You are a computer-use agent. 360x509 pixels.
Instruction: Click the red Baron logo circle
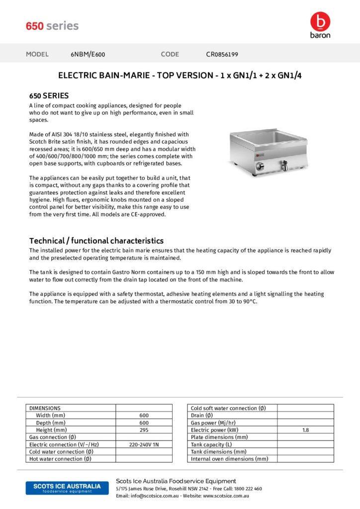pos(320,21)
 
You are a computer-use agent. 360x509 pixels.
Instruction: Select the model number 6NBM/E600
pos(88,54)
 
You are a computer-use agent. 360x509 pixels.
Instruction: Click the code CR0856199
pos(225,54)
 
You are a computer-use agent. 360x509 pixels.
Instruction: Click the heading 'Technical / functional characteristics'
pos(96,241)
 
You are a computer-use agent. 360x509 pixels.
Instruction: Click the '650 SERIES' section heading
pos(49,95)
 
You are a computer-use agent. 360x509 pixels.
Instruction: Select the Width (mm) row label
pos(50,416)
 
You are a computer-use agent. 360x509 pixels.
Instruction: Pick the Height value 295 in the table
pos(144,430)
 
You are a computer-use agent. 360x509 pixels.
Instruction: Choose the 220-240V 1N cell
pos(144,444)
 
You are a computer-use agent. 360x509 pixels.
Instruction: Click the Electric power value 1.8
pos(305,430)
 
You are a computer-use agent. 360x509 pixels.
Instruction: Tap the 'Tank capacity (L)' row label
pos(211,444)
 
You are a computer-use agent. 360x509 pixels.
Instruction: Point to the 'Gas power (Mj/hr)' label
pos(213,423)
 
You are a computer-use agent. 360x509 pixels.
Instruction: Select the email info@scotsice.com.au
pos(154,496)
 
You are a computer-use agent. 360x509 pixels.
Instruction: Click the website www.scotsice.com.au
pos(226,496)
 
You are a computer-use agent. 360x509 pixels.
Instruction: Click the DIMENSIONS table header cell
pos(45,408)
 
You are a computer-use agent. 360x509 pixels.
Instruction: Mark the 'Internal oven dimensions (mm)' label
pos(229,459)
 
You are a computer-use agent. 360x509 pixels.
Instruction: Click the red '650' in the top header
pos(35,26)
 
